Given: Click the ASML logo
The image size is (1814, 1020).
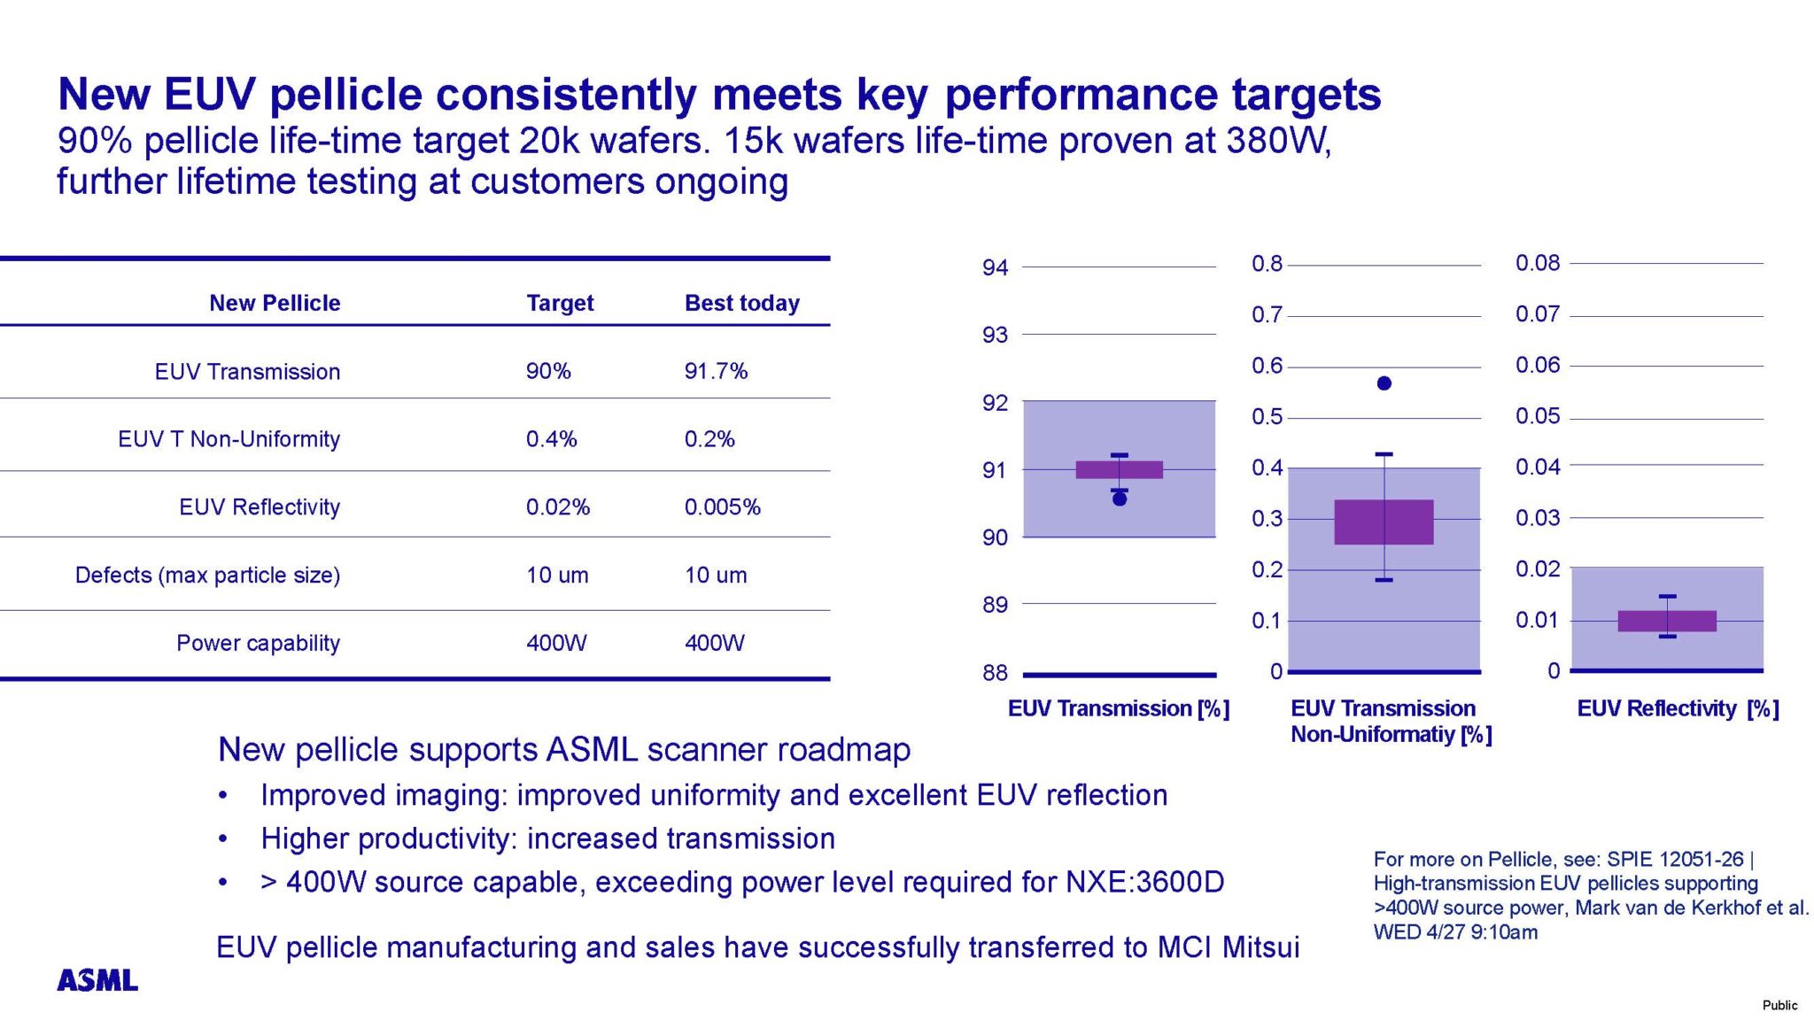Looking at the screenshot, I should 97,980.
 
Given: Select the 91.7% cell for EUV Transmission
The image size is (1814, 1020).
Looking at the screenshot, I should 716,371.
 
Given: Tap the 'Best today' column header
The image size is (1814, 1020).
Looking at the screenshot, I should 741,303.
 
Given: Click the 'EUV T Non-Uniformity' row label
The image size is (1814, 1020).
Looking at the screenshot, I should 229,439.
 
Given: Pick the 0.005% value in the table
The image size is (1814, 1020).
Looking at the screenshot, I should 722,507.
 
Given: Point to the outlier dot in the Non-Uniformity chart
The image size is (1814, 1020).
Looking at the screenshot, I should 1384,383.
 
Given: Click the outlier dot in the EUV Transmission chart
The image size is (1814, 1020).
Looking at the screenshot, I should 1120,499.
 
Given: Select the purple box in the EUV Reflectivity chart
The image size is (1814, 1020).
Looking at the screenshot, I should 1667,621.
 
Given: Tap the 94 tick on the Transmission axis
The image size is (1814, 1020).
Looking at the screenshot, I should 995,267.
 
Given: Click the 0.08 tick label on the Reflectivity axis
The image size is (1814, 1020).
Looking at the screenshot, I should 1538,263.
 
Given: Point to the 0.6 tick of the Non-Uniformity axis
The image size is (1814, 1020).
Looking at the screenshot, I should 1267,366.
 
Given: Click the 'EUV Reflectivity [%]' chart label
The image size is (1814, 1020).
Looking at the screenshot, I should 1678,708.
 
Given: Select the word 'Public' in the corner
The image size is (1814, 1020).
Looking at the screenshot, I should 1779,1005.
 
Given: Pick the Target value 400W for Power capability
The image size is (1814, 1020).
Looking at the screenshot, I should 556,643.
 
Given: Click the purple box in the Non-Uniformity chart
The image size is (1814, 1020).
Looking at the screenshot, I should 1384,522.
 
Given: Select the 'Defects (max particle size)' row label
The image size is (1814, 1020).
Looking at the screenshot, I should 207,576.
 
